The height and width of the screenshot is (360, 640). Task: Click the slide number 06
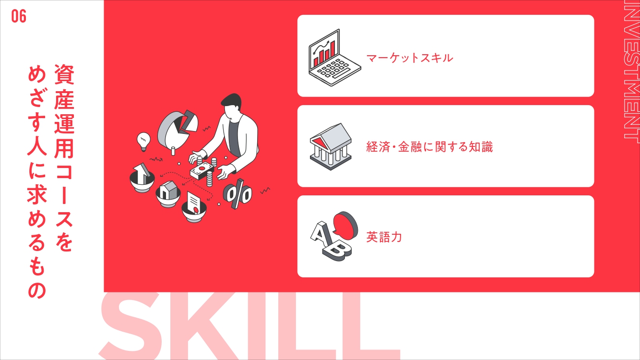click(x=19, y=16)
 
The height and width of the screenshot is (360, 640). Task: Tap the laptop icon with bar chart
click(x=334, y=58)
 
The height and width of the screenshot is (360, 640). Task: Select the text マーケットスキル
click(x=410, y=58)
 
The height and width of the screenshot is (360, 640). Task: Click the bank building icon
click(x=331, y=147)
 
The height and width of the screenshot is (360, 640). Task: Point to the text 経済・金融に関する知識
click(x=429, y=147)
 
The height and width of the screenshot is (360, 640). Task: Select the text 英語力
click(x=384, y=237)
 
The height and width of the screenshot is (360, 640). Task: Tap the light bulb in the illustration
click(x=143, y=142)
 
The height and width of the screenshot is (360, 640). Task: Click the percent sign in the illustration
click(x=237, y=194)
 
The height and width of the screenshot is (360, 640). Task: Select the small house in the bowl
click(x=168, y=190)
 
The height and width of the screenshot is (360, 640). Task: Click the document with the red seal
click(x=193, y=203)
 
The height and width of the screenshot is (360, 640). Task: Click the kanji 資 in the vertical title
click(x=64, y=74)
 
